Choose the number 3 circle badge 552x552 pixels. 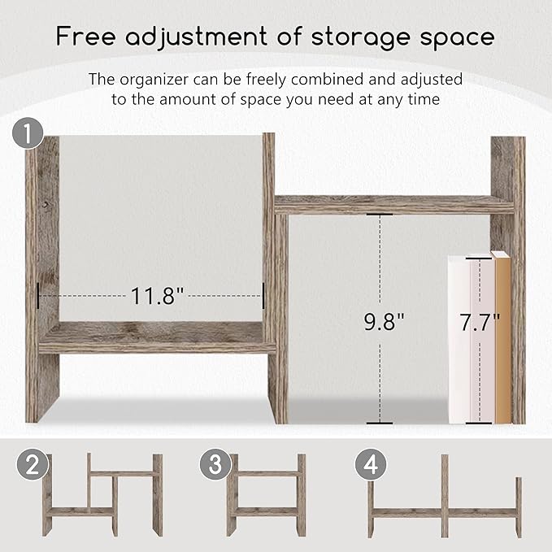pos(215,466)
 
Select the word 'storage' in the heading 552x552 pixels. pos(362,37)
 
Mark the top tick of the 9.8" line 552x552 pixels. pos(378,215)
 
